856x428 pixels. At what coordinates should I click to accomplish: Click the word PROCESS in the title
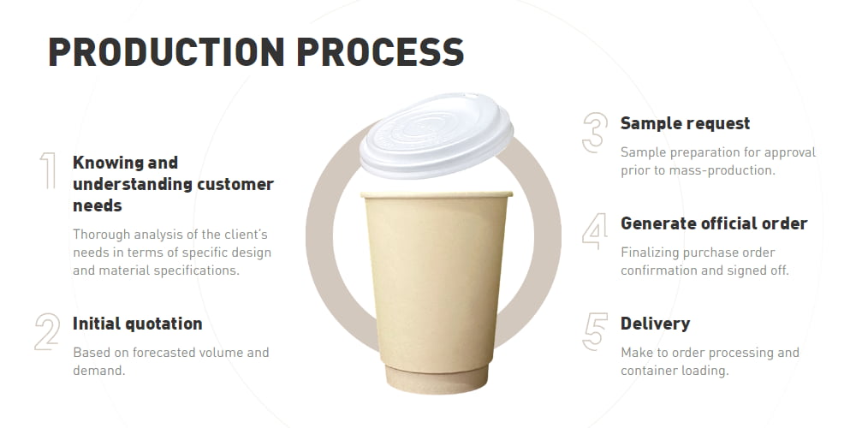(380, 52)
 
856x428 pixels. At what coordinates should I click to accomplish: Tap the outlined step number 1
(48, 171)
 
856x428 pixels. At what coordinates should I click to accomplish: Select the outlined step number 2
(47, 331)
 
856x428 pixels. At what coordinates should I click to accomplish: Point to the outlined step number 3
(595, 133)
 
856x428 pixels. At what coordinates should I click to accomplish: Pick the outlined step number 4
(595, 231)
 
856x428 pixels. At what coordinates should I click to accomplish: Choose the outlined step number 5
(595, 331)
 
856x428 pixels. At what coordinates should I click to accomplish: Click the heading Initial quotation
(138, 324)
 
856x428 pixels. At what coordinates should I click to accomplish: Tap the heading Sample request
(685, 123)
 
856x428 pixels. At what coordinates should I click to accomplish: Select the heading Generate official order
(714, 223)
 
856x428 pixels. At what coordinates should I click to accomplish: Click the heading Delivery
(655, 324)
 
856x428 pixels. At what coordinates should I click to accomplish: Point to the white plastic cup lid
(437, 135)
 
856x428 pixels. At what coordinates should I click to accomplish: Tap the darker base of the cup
(437, 377)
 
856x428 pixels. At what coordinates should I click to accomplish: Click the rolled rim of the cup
(437, 194)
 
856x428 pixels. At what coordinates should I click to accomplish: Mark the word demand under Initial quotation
(98, 371)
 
